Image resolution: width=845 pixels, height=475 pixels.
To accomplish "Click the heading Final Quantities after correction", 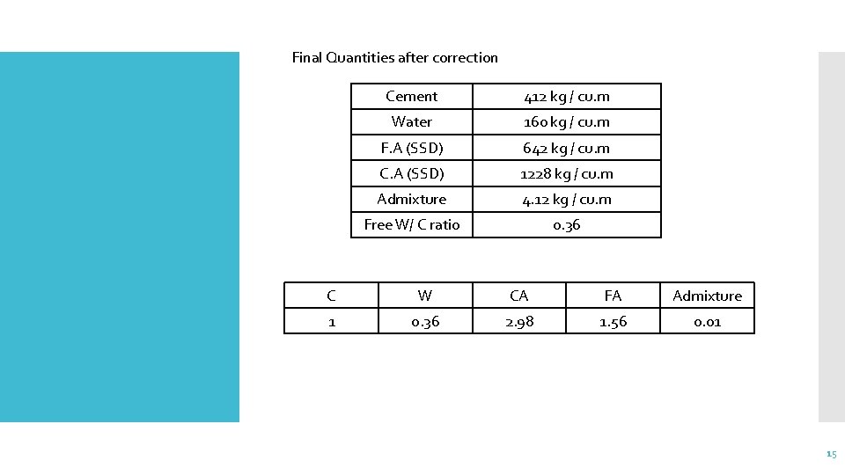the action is point(394,58).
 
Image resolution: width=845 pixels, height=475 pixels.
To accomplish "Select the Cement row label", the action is point(411,97).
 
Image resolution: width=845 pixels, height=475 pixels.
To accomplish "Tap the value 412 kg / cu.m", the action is point(566,97).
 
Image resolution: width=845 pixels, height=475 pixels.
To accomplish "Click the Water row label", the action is point(411,122).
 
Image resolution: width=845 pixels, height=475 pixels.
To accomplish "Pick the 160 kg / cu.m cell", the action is point(566,122).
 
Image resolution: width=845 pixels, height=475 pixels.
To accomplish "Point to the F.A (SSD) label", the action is point(411,148).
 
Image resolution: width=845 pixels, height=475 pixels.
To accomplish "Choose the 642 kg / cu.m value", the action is point(566,148).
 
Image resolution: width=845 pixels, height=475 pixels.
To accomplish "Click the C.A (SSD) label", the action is point(411,173).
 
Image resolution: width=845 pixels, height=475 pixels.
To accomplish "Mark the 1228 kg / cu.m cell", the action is point(566,173).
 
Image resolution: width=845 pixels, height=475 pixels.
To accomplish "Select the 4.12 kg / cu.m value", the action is point(566,200).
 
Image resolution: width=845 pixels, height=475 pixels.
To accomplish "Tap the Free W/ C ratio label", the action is point(411,225).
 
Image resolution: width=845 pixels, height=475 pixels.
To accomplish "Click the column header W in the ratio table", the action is point(424,296).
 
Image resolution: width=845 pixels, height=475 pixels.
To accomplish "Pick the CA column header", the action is point(518,296).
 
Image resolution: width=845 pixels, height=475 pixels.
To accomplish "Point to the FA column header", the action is point(613,296).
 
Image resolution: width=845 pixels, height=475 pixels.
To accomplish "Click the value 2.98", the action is point(518,322).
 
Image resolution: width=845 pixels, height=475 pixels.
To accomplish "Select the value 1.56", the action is point(613,322).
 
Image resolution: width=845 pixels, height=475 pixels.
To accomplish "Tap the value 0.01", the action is point(707,322).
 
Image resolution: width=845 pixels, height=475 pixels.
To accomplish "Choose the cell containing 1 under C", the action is point(331,322).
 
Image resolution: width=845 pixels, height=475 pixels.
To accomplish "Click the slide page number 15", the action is point(831,454).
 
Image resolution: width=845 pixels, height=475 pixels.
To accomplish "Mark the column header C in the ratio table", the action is point(331,296).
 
